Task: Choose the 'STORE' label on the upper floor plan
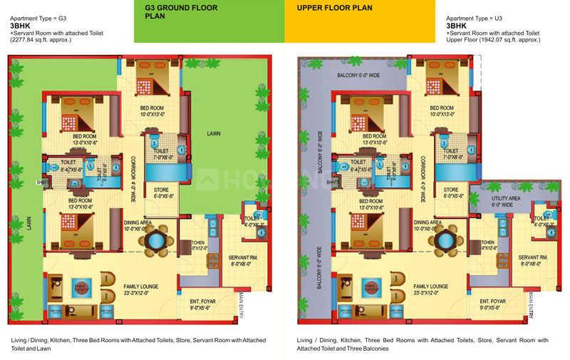point(450,190)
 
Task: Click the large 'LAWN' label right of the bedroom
point(214,133)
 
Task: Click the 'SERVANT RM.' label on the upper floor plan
point(533,257)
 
